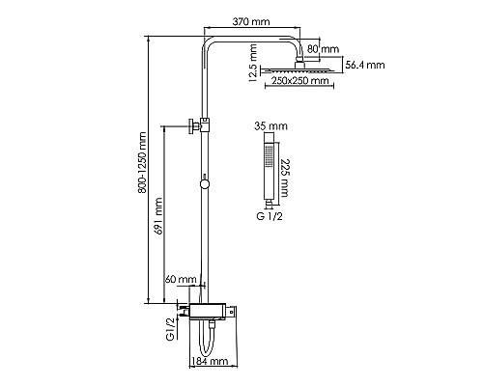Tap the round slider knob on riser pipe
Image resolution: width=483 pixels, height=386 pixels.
(205, 184)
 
